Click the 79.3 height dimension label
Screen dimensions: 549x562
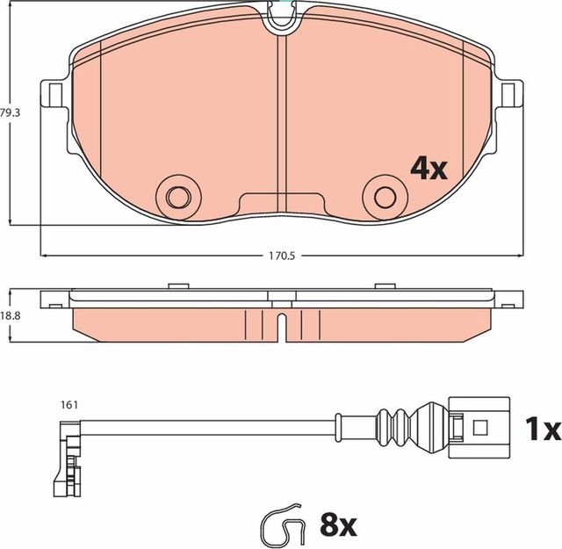(x=10, y=112)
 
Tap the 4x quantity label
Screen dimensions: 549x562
(x=429, y=168)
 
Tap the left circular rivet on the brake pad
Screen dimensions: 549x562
(x=177, y=194)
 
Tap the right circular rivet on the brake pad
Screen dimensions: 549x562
(x=383, y=194)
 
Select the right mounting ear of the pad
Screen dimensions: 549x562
(x=508, y=92)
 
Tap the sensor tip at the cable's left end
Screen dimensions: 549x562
(x=65, y=457)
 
